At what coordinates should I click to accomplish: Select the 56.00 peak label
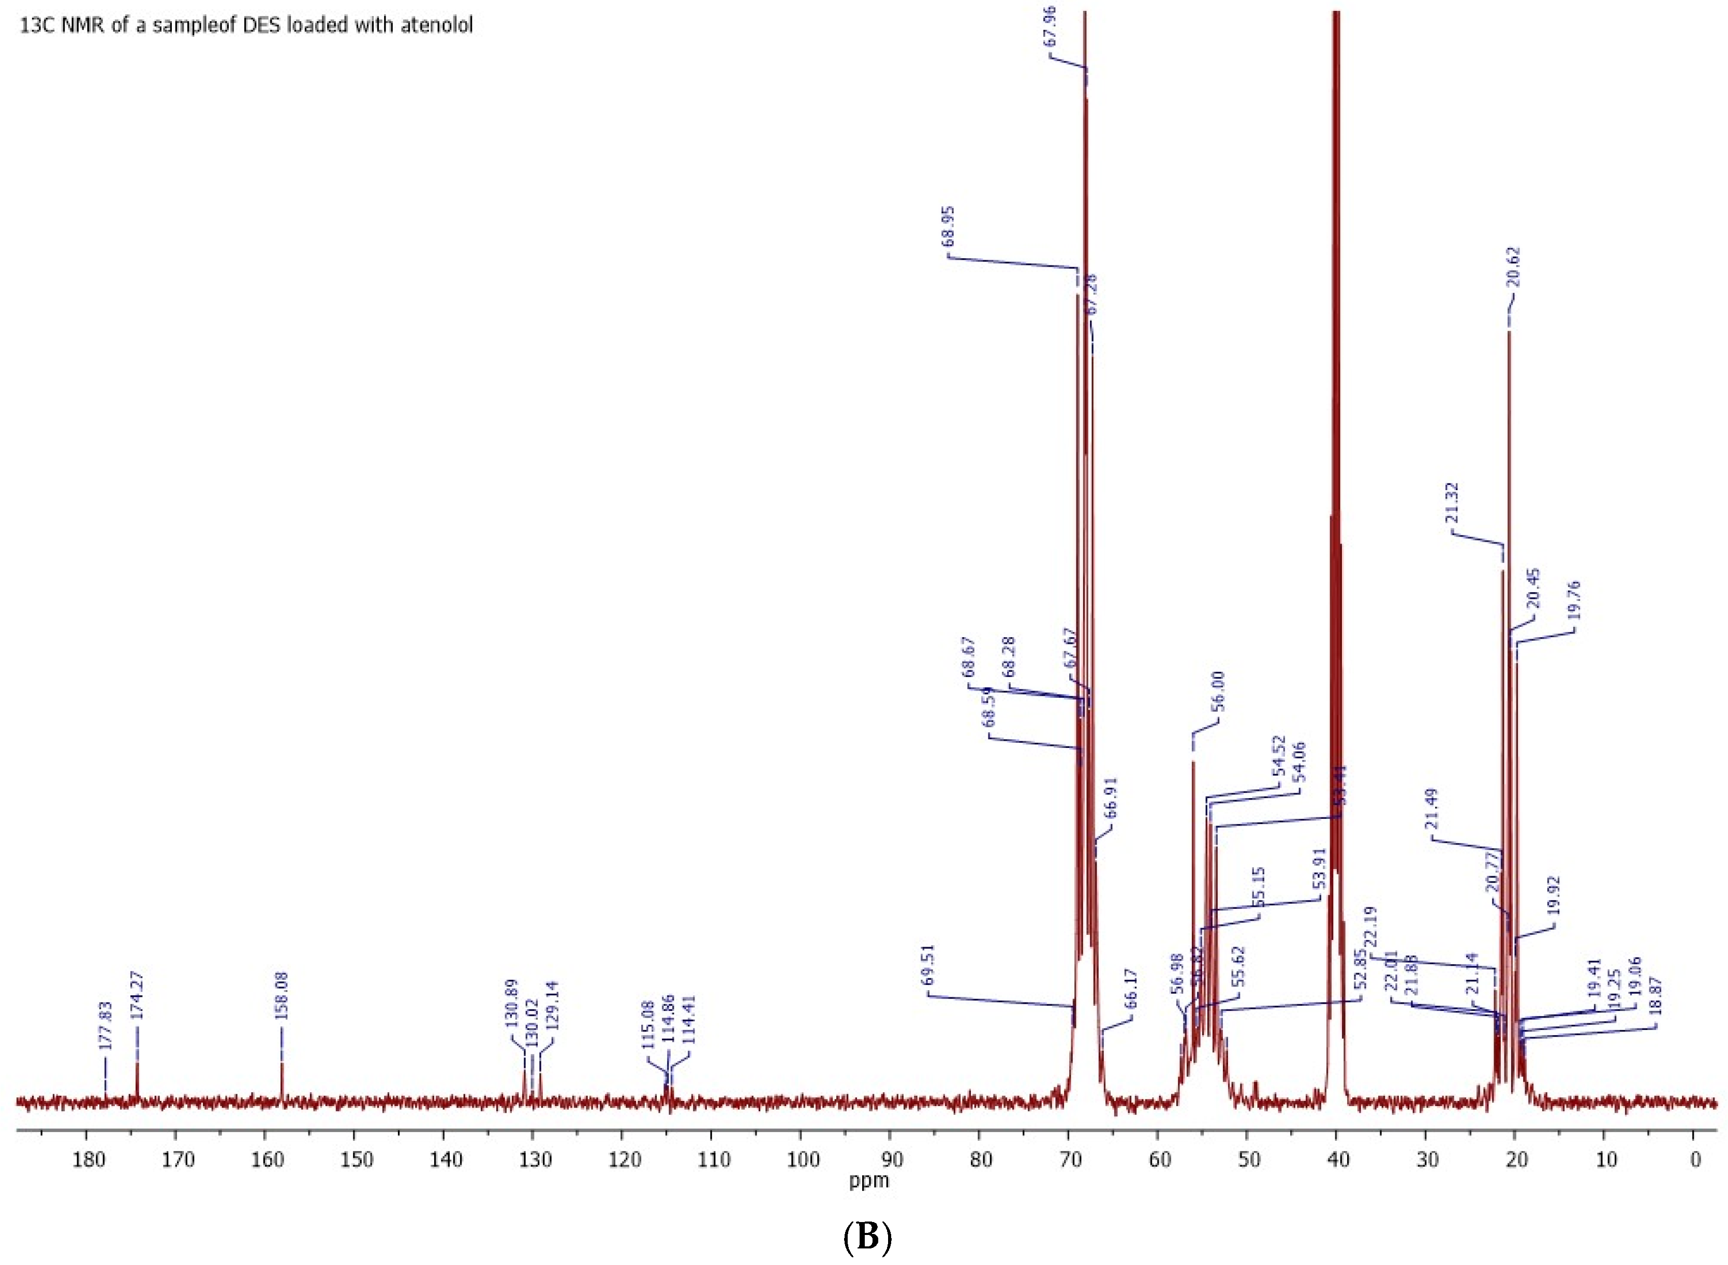[x=1218, y=692]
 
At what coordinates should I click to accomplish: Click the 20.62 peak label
[x=1514, y=267]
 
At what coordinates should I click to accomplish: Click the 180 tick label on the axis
[x=87, y=1159]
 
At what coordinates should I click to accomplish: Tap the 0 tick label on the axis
[x=1695, y=1159]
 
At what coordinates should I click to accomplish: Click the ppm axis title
[x=868, y=1181]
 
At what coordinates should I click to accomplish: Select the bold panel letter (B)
[x=867, y=1238]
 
